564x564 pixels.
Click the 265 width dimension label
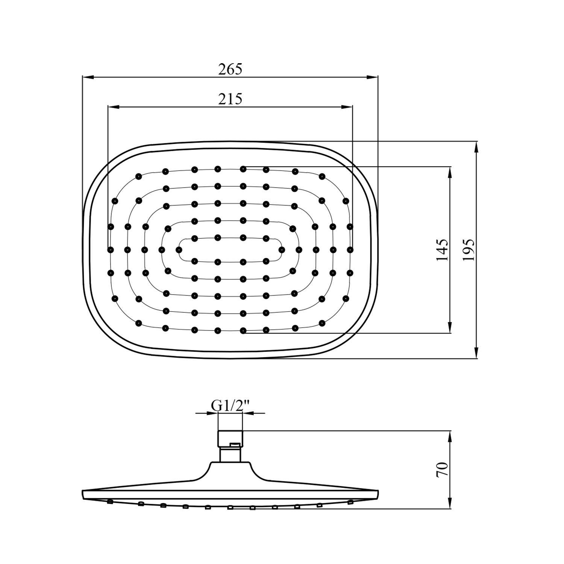coord(230,69)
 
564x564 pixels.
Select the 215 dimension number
coord(230,99)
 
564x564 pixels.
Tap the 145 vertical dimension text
coord(442,250)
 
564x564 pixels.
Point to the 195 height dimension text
coord(468,250)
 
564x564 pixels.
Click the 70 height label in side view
coord(443,470)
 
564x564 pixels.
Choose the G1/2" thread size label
coord(230,406)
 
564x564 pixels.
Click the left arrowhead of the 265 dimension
coord(88,77)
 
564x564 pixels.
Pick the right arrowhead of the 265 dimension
coord(373,77)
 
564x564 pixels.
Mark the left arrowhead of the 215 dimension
coord(113,107)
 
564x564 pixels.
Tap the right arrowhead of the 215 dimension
coord(347,107)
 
